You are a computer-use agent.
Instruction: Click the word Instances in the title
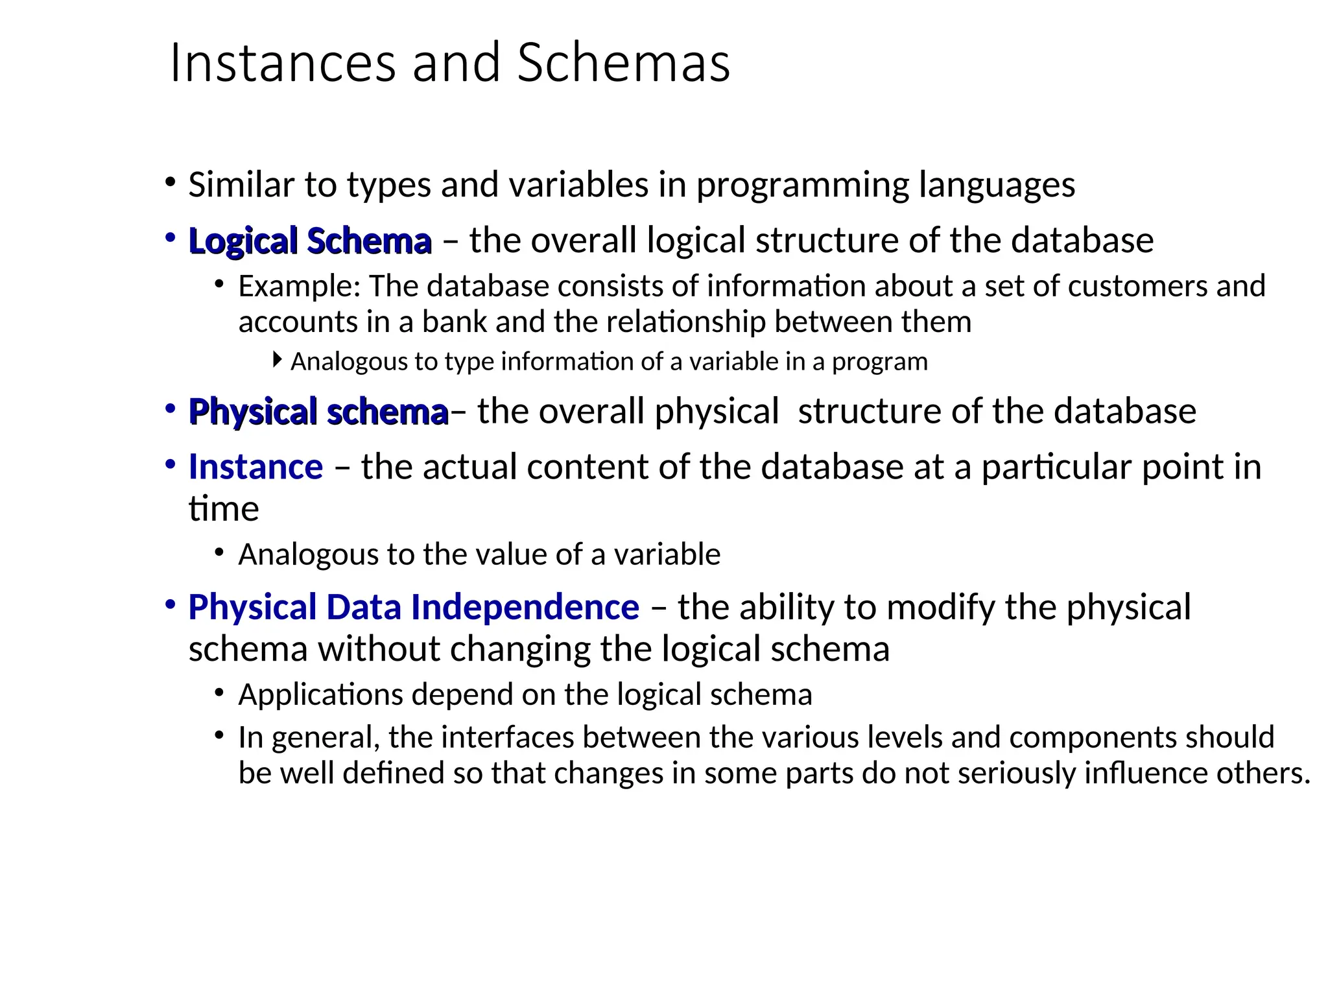click(x=283, y=63)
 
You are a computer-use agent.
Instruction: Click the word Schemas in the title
click(x=623, y=63)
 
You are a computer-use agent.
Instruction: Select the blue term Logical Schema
click(x=309, y=241)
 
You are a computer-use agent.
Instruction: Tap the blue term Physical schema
click(x=318, y=412)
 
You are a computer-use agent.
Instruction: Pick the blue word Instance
click(x=255, y=467)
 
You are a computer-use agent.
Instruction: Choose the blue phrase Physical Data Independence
click(x=413, y=608)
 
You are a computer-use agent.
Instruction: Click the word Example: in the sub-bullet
click(x=299, y=287)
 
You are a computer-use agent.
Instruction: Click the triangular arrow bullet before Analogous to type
click(x=278, y=359)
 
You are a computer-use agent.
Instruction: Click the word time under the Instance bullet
click(x=223, y=509)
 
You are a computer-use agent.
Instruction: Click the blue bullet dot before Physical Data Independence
click(x=171, y=605)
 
